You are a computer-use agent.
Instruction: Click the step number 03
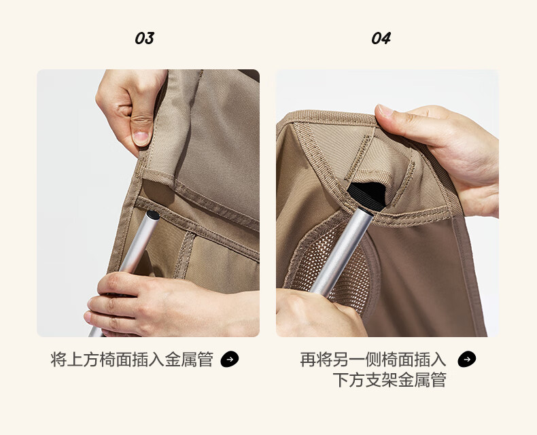(x=145, y=38)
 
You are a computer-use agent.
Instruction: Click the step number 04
(x=381, y=38)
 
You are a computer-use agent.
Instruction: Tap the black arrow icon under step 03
(x=230, y=360)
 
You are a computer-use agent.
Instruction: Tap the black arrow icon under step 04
(x=467, y=360)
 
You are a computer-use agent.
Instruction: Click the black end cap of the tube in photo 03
(x=153, y=215)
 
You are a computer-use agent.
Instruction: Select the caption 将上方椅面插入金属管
(x=132, y=360)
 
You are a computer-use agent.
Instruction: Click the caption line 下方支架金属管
(x=389, y=380)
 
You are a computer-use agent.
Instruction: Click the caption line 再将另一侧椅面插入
(x=373, y=360)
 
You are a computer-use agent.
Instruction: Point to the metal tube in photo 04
(x=341, y=251)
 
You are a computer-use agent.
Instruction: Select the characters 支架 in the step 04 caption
(x=381, y=380)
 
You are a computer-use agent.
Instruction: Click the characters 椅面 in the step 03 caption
(x=116, y=360)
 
